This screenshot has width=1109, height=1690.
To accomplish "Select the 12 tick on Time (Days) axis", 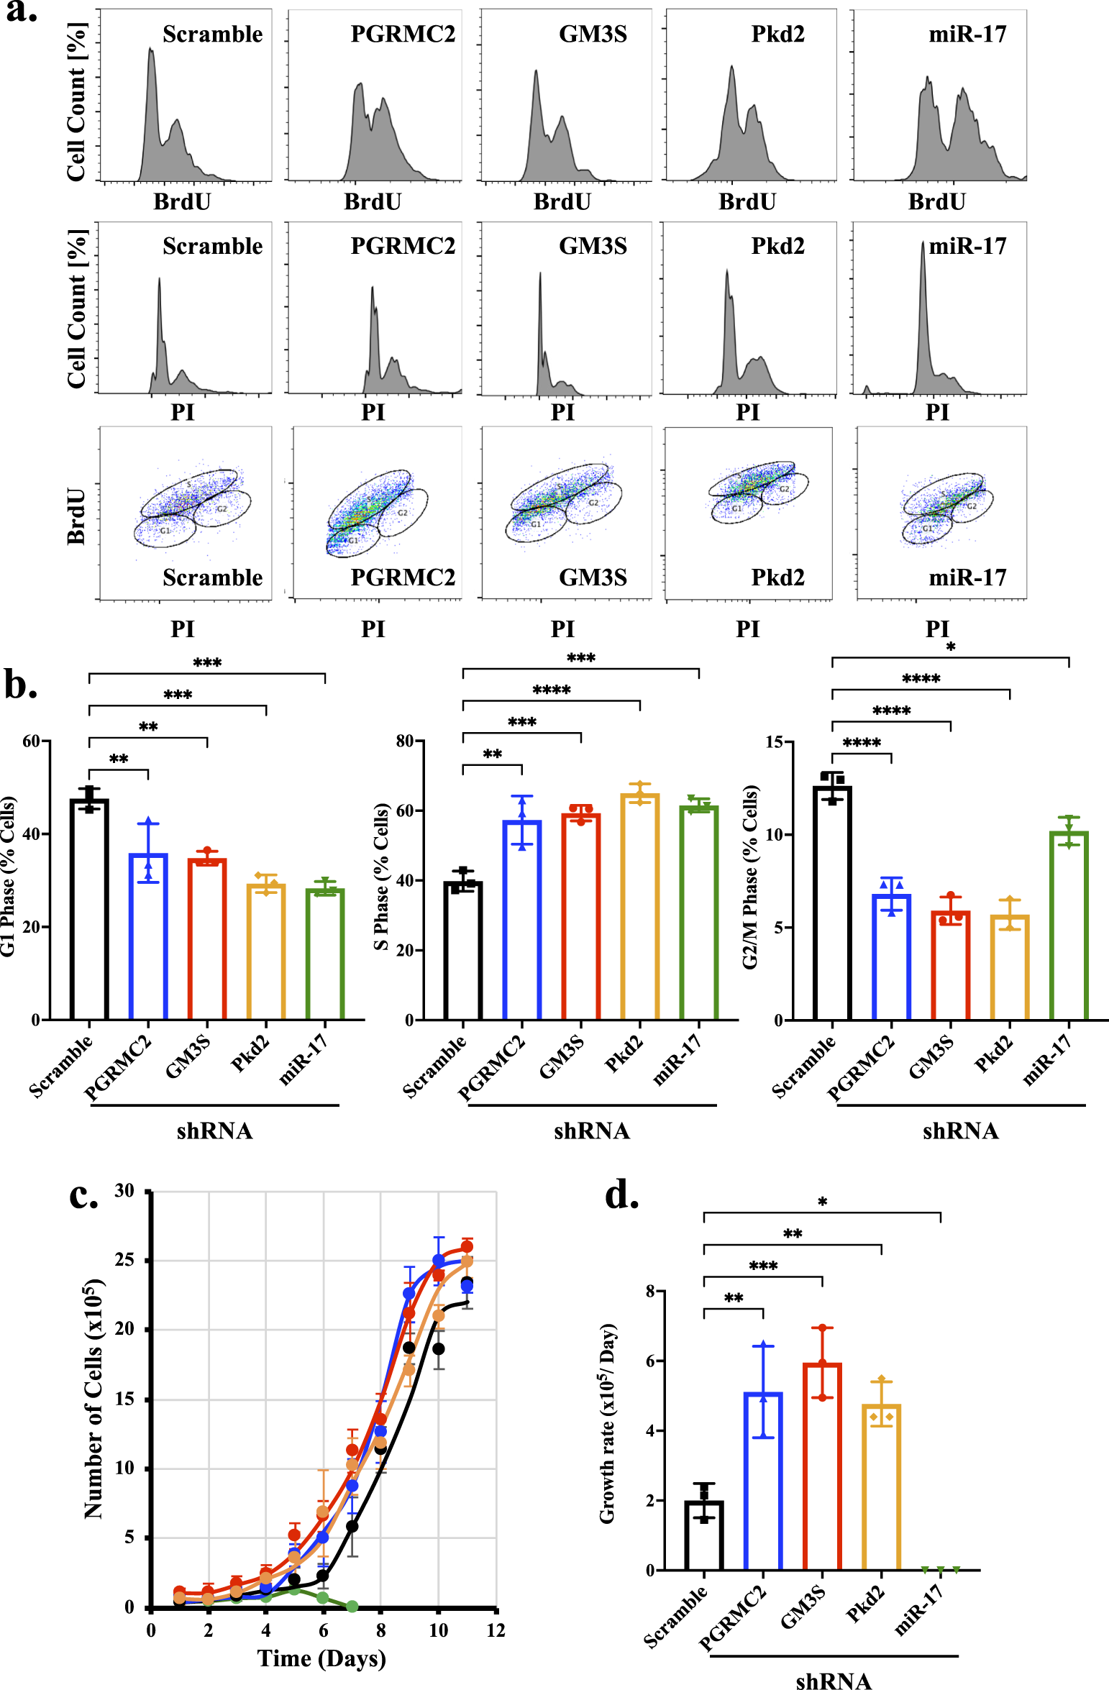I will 496,1630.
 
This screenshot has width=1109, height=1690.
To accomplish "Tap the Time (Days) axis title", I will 321,1658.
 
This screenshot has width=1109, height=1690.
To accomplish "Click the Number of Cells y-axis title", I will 94,1399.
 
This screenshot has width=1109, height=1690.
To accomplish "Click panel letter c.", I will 83,1195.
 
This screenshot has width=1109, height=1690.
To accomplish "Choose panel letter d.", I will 621,1195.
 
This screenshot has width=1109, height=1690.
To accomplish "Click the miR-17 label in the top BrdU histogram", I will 967,34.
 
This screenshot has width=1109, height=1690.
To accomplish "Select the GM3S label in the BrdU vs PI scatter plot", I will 593,577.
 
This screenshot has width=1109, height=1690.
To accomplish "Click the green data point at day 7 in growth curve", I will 352,1606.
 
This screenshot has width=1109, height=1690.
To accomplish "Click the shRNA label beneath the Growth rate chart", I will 834,1681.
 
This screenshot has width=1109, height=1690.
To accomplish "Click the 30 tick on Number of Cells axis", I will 124,1191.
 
